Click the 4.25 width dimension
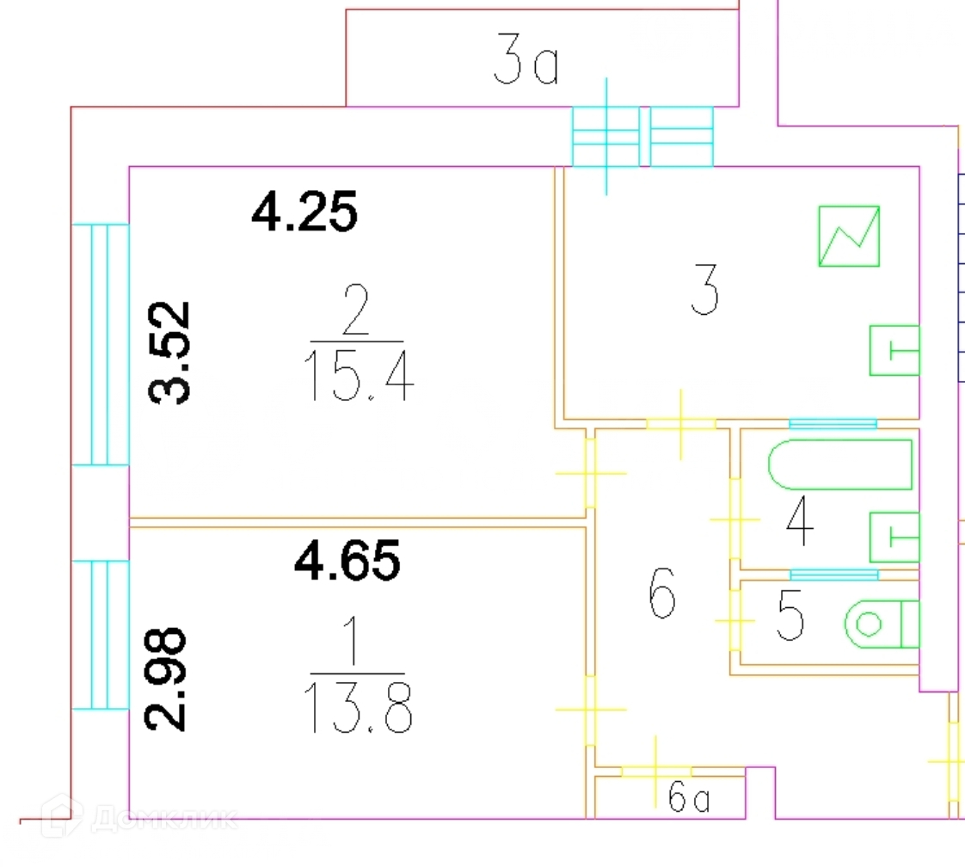pyautogui.click(x=304, y=212)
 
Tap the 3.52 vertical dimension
pyautogui.click(x=169, y=353)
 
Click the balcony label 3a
pyautogui.click(x=526, y=66)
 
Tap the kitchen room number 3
pyautogui.click(x=705, y=293)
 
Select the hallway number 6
pyautogui.click(x=661, y=596)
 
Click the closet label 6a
pyautogui.click(x=690, y=801)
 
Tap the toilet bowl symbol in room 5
pyautogui.click(x=881, y=623)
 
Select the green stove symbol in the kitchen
pyautogui.click(x=848, y=236)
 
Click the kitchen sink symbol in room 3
pyautogui.click(x=894, y=350)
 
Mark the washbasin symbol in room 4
pyautogui.click(x=894, y=537)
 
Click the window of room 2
pyautogui.click(x=100, y=344)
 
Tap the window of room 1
pyautogui.click(x=100, y=635)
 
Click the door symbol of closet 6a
pyautogui.click(x=656, y=770)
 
